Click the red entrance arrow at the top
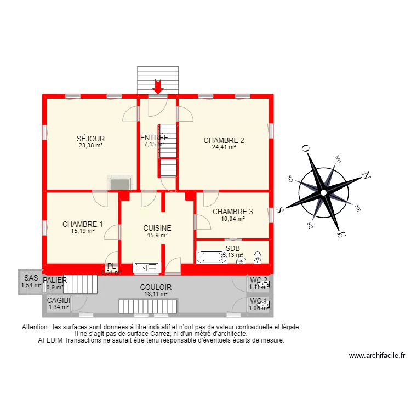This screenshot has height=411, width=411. tap(158, 87)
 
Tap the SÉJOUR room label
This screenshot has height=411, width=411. tap(91, 139)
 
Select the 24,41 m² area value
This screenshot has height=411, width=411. tap(224, 147)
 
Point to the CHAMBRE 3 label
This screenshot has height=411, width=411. tap(232, 212)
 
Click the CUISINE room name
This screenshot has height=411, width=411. tap(157, 228)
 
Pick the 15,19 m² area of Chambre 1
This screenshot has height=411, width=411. tap(83, 231)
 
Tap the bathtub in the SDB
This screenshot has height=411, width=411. tap(211, 256)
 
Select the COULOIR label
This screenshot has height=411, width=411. tap(156, 287)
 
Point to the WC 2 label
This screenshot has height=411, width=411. tap(258, 281)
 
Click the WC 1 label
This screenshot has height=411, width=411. tap(258, 301)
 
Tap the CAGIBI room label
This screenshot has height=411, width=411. tap(59, 300)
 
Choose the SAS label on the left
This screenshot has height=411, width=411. tap(31, 278)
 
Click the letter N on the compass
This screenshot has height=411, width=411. tap(366, 176)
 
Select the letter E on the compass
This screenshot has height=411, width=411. tap(340, 235)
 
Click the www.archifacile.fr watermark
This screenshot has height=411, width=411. tap(376, 356)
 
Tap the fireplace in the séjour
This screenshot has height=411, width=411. tap(117, 182)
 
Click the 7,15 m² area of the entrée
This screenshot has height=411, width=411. tap(154, 145)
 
